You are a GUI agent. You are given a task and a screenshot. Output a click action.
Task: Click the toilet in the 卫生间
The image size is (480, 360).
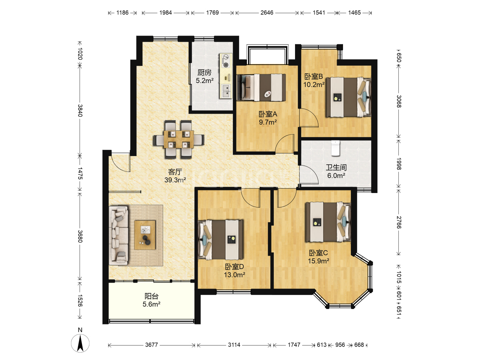pyautogui.click(x=335, y=148)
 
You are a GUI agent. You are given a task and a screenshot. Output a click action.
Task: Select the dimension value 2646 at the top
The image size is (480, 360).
pyautogui.click(x=267, y=13)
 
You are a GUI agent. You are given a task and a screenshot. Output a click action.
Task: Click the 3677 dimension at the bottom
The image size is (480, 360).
pyautogui.click(x=152, y=345)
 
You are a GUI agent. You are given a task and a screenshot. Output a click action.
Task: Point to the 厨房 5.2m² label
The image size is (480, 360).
pyautogui.click(x=204, y=77)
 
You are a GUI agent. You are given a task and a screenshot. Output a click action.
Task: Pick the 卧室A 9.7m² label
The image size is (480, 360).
pyautogui.click(x=268, y=118)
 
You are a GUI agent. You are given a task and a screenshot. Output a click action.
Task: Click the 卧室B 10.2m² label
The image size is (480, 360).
pyautogui.click(x=314, y=80)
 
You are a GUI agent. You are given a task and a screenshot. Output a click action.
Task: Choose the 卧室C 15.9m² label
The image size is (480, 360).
pyautogui.click(x=319, y=257)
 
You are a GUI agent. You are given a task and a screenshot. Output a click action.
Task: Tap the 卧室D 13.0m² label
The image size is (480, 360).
pyautogui.click(x=234, y=271)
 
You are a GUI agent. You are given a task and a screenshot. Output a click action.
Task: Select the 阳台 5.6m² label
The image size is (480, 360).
pyautogui.click(x=152, y=300)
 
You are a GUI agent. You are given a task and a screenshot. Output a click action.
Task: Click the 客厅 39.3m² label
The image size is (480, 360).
pyautogui.click(x=175, y=176)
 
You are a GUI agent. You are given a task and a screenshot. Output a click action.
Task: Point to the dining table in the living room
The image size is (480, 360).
pyautogui.click(x=179, y=139)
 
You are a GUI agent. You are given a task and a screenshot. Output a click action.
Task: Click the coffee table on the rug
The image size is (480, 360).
pyautogui.click(x=145, y=235)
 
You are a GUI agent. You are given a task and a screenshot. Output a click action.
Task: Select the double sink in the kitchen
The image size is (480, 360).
pyautogui.click(x=226, y=91)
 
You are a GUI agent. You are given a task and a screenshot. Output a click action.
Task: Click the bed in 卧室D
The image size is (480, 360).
pyautogui.click(x=220, y=240)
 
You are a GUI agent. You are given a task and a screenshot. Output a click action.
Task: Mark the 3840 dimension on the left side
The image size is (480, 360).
pyautogui.click(x=80, y=111)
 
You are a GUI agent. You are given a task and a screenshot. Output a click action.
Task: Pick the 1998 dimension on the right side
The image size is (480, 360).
pyautogui.click(x=399, y=164)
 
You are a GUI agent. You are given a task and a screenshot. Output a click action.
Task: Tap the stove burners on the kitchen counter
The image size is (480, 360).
pyautogui.click(x=226, y=61)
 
